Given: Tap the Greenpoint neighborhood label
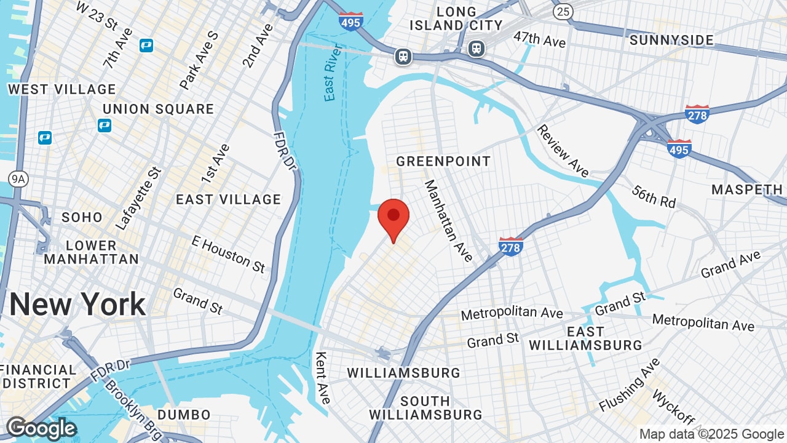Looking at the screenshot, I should tap(443, 161).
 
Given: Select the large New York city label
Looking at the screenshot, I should tap(77, 305).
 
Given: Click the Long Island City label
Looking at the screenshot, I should tap(456, 18).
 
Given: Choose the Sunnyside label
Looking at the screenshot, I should tap(672, 40).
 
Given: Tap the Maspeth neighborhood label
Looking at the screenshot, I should tap(747, 190).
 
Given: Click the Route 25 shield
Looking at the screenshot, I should tap(563, 11).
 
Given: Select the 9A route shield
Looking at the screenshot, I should tap(18, 178).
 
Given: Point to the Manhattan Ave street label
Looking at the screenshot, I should tap(449, 220).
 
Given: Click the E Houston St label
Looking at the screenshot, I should tap(228, 253).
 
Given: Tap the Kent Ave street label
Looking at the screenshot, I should tap(322, 377).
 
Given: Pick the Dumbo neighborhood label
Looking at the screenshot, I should tap(184, 415).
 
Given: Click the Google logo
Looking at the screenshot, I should tap(41, 428).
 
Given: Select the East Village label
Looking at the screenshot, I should tap(228, 199).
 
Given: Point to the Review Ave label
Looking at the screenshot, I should tap(563, 150).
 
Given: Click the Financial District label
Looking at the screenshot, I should tap(38, 377).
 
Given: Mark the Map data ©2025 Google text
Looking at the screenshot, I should tap(711, 434).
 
